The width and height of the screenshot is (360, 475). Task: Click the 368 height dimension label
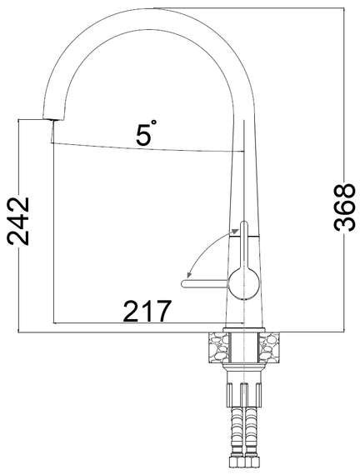point(344,207)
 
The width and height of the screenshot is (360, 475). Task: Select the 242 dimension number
point(18,221)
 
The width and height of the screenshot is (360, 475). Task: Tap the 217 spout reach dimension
point(147,311)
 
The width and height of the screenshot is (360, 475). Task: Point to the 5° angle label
point(147,134)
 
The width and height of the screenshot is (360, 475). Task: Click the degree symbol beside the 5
point(154,122)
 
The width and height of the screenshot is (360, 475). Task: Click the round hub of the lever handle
point(244,283)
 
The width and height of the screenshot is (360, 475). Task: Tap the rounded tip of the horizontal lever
point(184,283)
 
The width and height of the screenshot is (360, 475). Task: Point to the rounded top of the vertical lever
point(244,225)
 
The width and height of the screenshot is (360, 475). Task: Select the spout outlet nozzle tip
point(52,119)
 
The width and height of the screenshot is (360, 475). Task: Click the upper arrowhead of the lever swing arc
point(235,231)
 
